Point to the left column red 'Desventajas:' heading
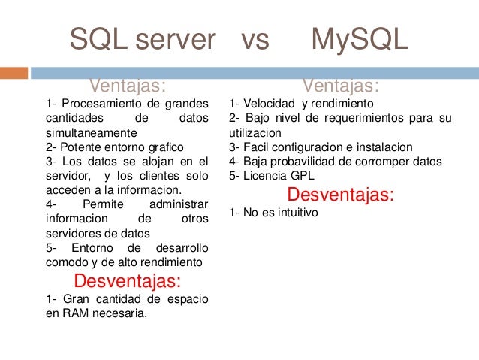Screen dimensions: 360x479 pyautogui.click(x=127, y=281)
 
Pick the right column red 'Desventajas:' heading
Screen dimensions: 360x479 pyautogui.click(x=340, y=195)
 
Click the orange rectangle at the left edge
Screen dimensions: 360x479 pyautogui.click(x=14, y=73)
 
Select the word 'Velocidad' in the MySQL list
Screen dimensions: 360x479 pyautogui.click(x=270, y=103)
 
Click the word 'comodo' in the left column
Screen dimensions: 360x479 pyautogui.click(x=64, y=262)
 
